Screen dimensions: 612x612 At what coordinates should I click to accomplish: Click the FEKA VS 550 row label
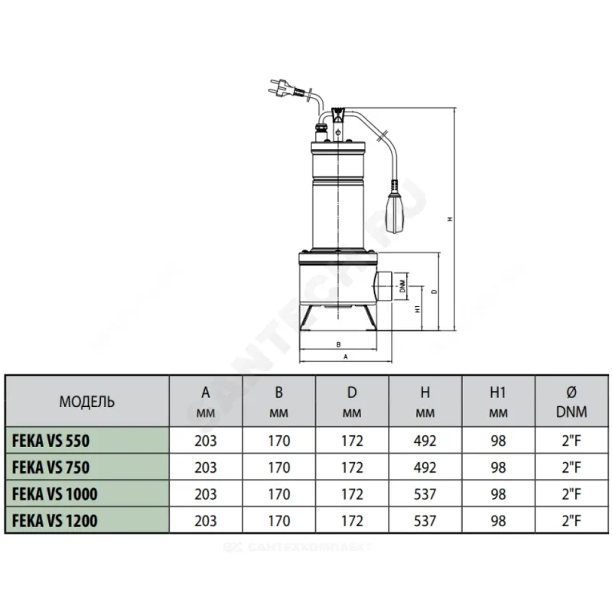click(50, 441)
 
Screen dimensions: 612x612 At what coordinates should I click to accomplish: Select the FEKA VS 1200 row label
click(54, 521)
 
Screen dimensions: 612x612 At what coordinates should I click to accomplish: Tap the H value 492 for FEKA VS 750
click(425, 467)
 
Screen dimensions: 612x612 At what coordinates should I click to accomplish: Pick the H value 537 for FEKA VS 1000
click(425, 494)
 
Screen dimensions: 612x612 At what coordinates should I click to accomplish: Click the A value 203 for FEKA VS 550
click(206, 441)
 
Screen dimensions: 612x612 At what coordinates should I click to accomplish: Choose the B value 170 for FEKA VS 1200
click(279, 521)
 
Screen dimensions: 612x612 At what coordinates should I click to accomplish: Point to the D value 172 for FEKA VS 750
click(352, 467)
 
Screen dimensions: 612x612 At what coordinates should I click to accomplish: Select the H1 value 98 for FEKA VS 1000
click(499, 494)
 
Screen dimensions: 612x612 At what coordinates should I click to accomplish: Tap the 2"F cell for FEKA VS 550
click(571, 441)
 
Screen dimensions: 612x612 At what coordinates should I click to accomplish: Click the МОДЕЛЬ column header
click(87, 402)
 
